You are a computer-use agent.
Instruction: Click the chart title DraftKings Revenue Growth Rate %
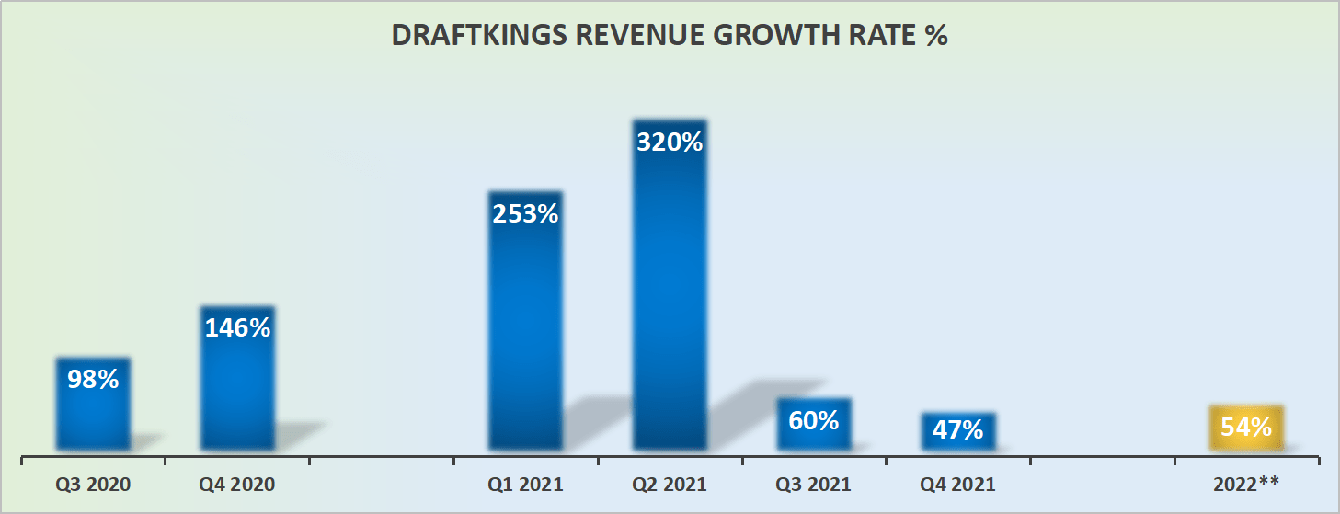click(669, 36)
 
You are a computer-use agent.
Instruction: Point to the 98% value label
click(93, 379)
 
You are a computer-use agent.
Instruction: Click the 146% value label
click(237, 328)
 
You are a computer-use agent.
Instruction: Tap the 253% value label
click(525, 214)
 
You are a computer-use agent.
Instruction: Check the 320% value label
click(670, 143)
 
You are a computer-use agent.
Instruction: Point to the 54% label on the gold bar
click(1246, 427)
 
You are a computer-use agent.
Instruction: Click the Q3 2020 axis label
click(93, 484)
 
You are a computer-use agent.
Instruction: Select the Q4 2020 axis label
click(237, 484)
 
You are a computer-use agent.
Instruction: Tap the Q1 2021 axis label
click(525, 484)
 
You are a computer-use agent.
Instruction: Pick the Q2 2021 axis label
click(670, 484)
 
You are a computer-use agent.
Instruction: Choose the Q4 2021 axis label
click(958, 484)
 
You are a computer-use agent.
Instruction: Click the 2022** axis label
click(1246, 484)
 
